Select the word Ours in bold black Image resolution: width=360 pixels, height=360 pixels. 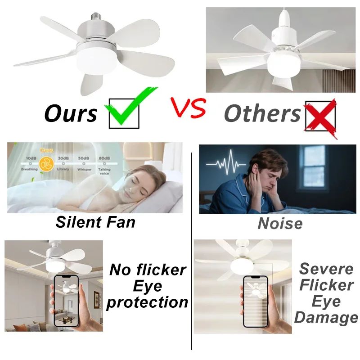pyautogui.click(x=71, y=114)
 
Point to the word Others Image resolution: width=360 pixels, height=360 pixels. pyautogui.click(x=262, y=113)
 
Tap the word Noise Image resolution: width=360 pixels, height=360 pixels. pyautogui.click(x=280, y=223)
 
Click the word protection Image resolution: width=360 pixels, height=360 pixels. pyautogui.click(x=147, y=302)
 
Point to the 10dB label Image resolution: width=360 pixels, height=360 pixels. pyautogui.click(x=31, y=158)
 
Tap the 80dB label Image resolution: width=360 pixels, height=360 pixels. pyautogui.click(x=103, y=158)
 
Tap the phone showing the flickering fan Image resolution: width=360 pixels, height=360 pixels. pyautogui.click(x=256, y=301)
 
